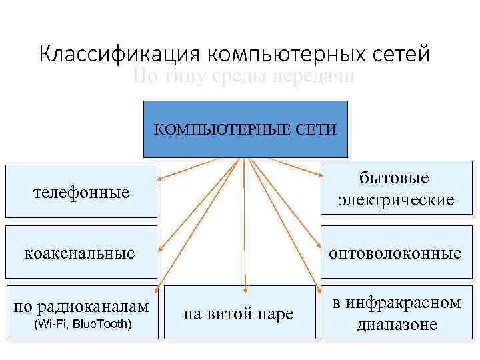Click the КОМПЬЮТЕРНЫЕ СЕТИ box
click(246, 129)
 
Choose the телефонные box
click(81, 192)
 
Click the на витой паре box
click(239, 313)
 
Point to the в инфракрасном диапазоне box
click(397, 313)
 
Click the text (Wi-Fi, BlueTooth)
click(82, 325)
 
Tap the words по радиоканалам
click(81, 307)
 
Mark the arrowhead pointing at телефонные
click(160, 179)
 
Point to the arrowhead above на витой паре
click(245, 288)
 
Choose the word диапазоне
click(397, 325)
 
